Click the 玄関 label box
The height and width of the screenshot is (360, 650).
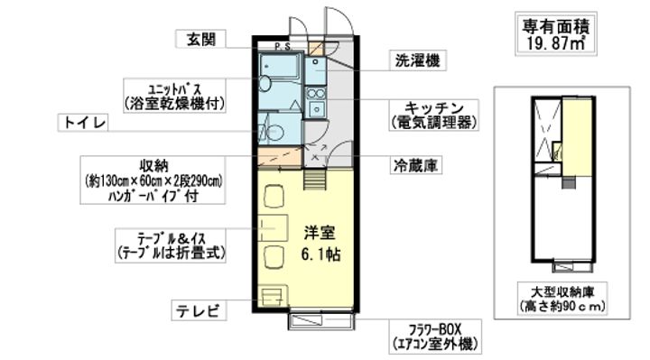(x=201, y=40)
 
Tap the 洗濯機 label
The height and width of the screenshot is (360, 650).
(x=417, y=60)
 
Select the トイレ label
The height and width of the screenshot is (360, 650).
(x=83, y=123)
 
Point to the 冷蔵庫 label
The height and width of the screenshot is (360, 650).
(x=415, y=165)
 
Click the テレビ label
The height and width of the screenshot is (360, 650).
(x=199, y=310)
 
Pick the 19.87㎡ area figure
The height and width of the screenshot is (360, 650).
(x=556, y=42)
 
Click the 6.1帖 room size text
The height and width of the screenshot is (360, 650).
(x=320, y=254)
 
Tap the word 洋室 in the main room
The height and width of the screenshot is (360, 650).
(x=320, y=234)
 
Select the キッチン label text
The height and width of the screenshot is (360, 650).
(x=433, y=108)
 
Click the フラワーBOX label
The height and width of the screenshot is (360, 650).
(x=435, y=329)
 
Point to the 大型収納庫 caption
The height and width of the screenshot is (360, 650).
(x=562, y=292)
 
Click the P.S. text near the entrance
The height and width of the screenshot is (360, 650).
(x=283, y=46)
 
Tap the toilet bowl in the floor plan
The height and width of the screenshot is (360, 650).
(x=275, y=133)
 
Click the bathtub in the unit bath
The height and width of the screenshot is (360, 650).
(x=279, y=65)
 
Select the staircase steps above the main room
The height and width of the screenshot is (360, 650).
(x=315, y=180)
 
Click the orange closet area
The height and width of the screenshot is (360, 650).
(x=280, y=156)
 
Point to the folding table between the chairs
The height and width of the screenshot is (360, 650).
(x=273, y=228)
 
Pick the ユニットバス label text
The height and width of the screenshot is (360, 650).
(x=174, y=88)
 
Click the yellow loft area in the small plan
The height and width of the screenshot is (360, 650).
(x=577, y=136)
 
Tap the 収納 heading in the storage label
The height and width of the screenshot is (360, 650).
(x=153, y=166)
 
